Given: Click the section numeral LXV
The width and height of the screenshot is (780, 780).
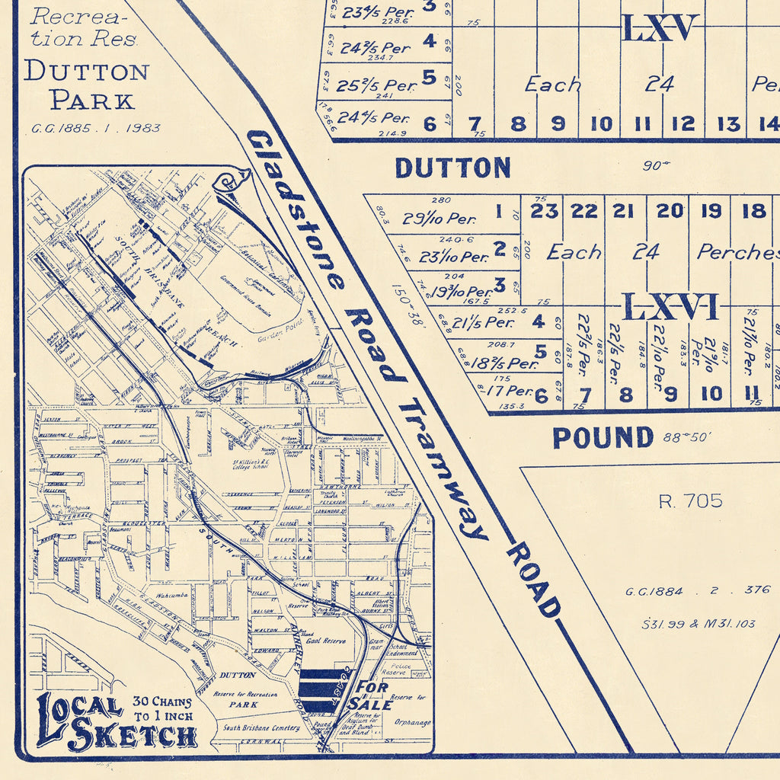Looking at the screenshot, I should click(660, 28).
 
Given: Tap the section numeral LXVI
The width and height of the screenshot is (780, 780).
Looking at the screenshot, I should click(670, 307).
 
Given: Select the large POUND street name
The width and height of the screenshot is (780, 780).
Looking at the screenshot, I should click(603, 438).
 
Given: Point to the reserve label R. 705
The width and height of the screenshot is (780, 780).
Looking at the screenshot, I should click(690, 500).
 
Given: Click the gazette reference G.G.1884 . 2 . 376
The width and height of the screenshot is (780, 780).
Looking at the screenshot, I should click(698, 590).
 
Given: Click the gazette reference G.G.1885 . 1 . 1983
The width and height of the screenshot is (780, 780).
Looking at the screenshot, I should click(96, 128).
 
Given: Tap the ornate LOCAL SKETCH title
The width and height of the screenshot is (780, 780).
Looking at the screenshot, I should click(114, 722).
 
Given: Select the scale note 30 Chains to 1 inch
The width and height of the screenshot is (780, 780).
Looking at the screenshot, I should click(163, 708).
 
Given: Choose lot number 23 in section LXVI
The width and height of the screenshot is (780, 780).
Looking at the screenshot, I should click(544, 211).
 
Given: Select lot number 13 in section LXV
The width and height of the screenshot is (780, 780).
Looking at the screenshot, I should click(728, 123).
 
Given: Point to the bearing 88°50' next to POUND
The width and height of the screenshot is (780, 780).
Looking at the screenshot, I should click(687, 437).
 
